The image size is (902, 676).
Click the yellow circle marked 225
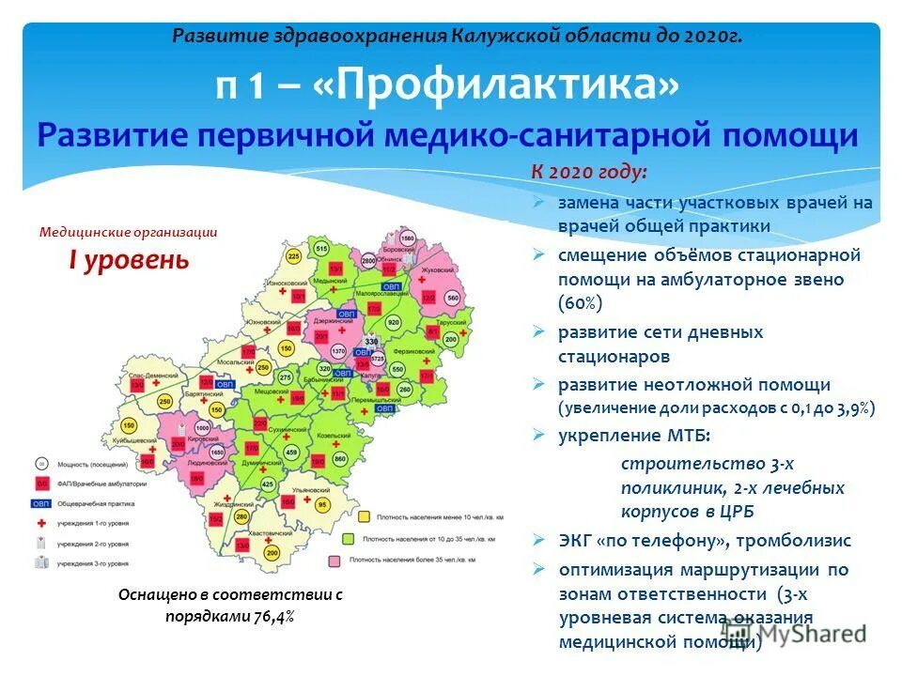[x=293, y=256]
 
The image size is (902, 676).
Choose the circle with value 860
[x=340, y=458]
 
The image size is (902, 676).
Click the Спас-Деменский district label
[x=150, y=375]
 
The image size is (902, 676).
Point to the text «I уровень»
[x=128, y=260]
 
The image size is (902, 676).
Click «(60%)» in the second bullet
[x=581, y=303]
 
